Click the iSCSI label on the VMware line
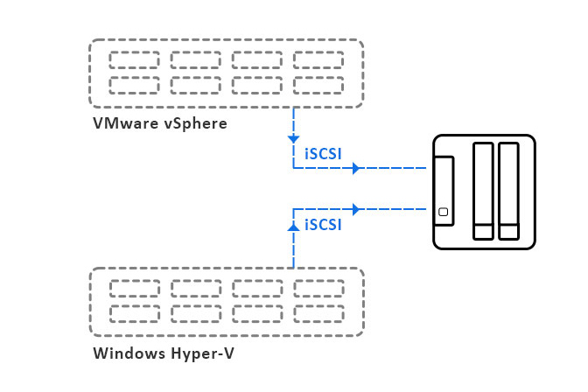(323, 153)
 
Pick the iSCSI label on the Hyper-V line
(323, 224)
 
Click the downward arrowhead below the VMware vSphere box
(293, 139)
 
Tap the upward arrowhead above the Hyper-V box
(293, 226)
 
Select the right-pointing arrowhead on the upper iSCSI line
(355, 168)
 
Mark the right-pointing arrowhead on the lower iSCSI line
(355, 209)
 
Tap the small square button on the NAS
(444, 212)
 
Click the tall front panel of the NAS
(444, 190)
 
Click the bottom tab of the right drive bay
(508, 232)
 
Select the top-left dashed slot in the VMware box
(134, 60)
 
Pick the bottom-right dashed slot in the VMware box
(318, 85)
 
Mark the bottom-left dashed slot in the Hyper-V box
(134, 313)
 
